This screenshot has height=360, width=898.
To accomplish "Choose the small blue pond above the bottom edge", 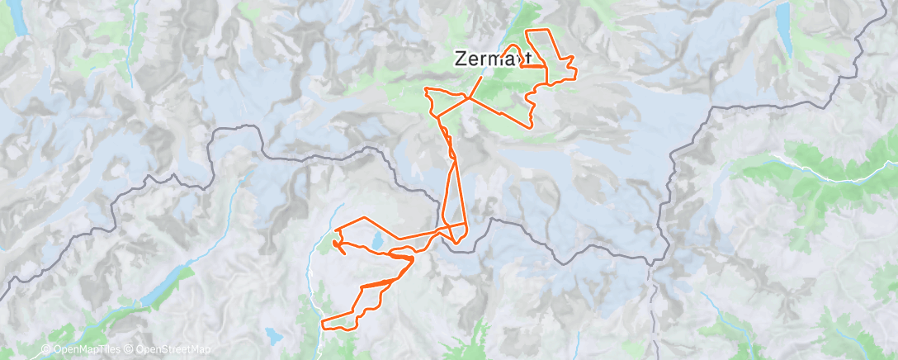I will click(270, 335).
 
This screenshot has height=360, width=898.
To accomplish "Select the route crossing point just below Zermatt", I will click(468, 97).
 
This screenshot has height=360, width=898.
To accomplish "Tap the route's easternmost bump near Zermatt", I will click(572, 57).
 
